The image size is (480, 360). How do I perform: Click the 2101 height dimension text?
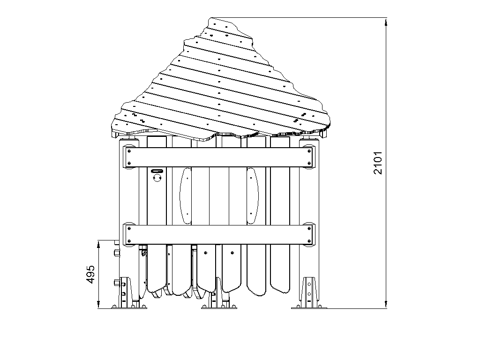click(x=378, y=163)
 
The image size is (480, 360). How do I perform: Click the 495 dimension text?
click(x=90, y=274)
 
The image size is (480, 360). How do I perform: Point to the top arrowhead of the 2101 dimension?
click(x=386, y=22)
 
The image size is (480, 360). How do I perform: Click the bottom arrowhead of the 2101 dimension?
click(x=386, y=304)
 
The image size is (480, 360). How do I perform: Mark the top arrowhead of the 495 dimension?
click(x=98, y=245)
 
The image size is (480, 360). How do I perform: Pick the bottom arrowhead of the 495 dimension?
click(x=98, y=304)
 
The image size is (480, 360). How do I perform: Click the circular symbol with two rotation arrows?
click(x=157, y=178)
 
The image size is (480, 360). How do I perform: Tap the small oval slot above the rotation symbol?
click(x=157, y=171)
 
